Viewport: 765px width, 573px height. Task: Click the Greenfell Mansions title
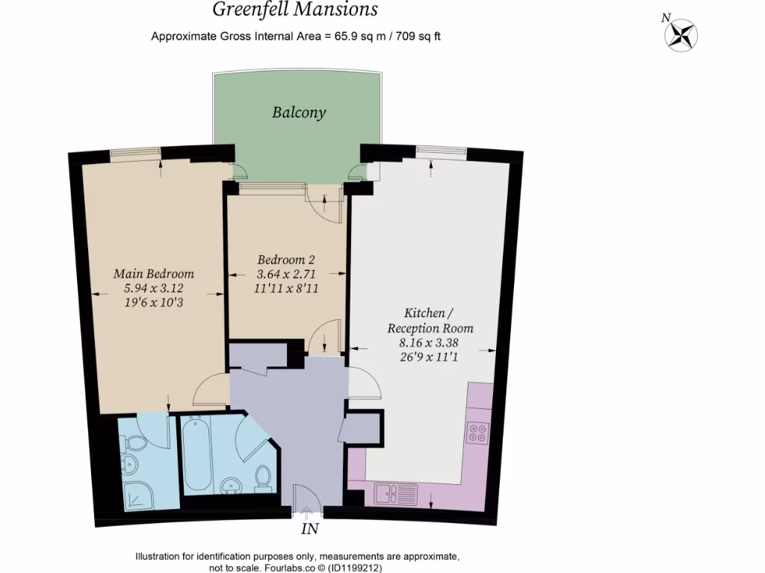coord(295,10)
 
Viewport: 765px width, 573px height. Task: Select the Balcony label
coord(299,113)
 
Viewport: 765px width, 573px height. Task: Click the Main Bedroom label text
coord(154,273)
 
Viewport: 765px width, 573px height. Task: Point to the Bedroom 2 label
coord(286,260)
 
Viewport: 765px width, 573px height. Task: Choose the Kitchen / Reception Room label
coord(430,320)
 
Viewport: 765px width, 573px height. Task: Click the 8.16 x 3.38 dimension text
coord(430,343)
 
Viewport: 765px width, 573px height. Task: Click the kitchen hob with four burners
coord(477,433)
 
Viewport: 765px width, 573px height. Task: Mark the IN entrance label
coord(309,530)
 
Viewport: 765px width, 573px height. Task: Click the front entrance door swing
coord(306,498)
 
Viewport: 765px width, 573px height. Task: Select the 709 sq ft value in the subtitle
coord(414,36)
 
